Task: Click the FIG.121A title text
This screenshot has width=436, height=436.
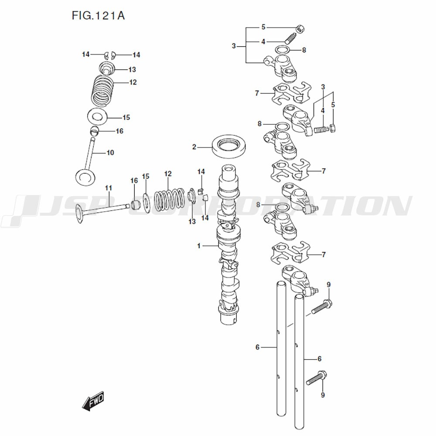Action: pos(98,16)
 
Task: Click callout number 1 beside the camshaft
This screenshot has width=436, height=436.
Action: pos(199,246)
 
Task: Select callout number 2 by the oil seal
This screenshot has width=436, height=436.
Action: pos(194,147)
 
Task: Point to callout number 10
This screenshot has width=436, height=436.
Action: pos(110,153)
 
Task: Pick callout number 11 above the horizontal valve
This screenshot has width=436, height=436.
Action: pos(109,188)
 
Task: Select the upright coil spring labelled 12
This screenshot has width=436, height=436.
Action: pos(103,90)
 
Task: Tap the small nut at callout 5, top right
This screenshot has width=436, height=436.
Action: pos(300,29)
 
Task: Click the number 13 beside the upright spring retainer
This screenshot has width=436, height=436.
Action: pos(132,70)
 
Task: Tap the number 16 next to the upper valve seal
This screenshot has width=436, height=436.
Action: pos(119,131)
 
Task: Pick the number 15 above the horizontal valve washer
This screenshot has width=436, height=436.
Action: pos(146,177)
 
